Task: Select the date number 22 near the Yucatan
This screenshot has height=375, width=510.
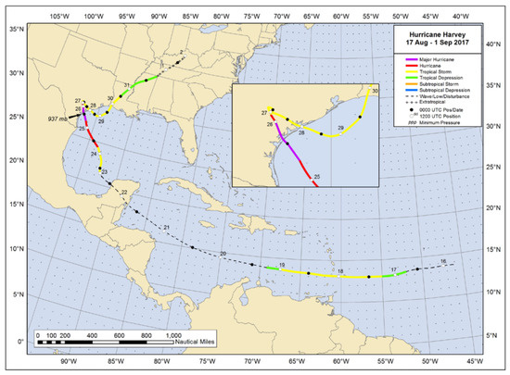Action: click(x=124, y=192)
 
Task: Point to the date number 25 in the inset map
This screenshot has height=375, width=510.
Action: click(x=317, y=176)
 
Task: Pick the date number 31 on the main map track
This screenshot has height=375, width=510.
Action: click(x=126, y=86)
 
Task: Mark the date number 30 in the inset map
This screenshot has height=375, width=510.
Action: click(x=376, y=90)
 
